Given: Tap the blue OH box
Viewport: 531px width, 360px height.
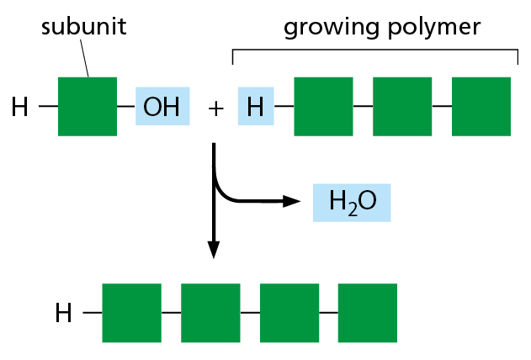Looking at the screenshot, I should click(162, 106).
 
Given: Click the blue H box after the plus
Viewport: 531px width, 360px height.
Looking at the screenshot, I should click(256, 106).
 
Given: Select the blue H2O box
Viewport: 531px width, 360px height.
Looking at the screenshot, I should click(352, 203).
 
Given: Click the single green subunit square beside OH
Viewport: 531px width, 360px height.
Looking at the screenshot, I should click(88, 106).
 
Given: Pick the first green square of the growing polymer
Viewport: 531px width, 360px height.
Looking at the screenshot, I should click(323, 106).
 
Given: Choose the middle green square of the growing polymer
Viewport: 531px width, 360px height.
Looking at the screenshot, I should click(402, 106).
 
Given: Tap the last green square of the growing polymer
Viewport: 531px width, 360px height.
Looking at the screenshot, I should click(481, 106).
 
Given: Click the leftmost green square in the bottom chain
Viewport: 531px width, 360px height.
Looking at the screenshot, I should click(131, 313).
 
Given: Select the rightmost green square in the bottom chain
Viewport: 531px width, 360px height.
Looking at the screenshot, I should click(368, 313).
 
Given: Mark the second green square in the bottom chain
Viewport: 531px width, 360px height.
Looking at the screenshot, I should click(210, 313).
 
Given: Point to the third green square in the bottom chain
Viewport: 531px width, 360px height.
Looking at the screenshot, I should click(289, 313).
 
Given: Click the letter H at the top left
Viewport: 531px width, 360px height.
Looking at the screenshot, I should click(19, 107).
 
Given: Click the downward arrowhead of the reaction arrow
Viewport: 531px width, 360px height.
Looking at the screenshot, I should click(214, 250).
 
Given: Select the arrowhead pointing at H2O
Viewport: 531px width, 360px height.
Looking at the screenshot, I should click(291, 201).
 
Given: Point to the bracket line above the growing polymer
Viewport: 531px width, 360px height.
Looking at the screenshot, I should click(374, 50).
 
